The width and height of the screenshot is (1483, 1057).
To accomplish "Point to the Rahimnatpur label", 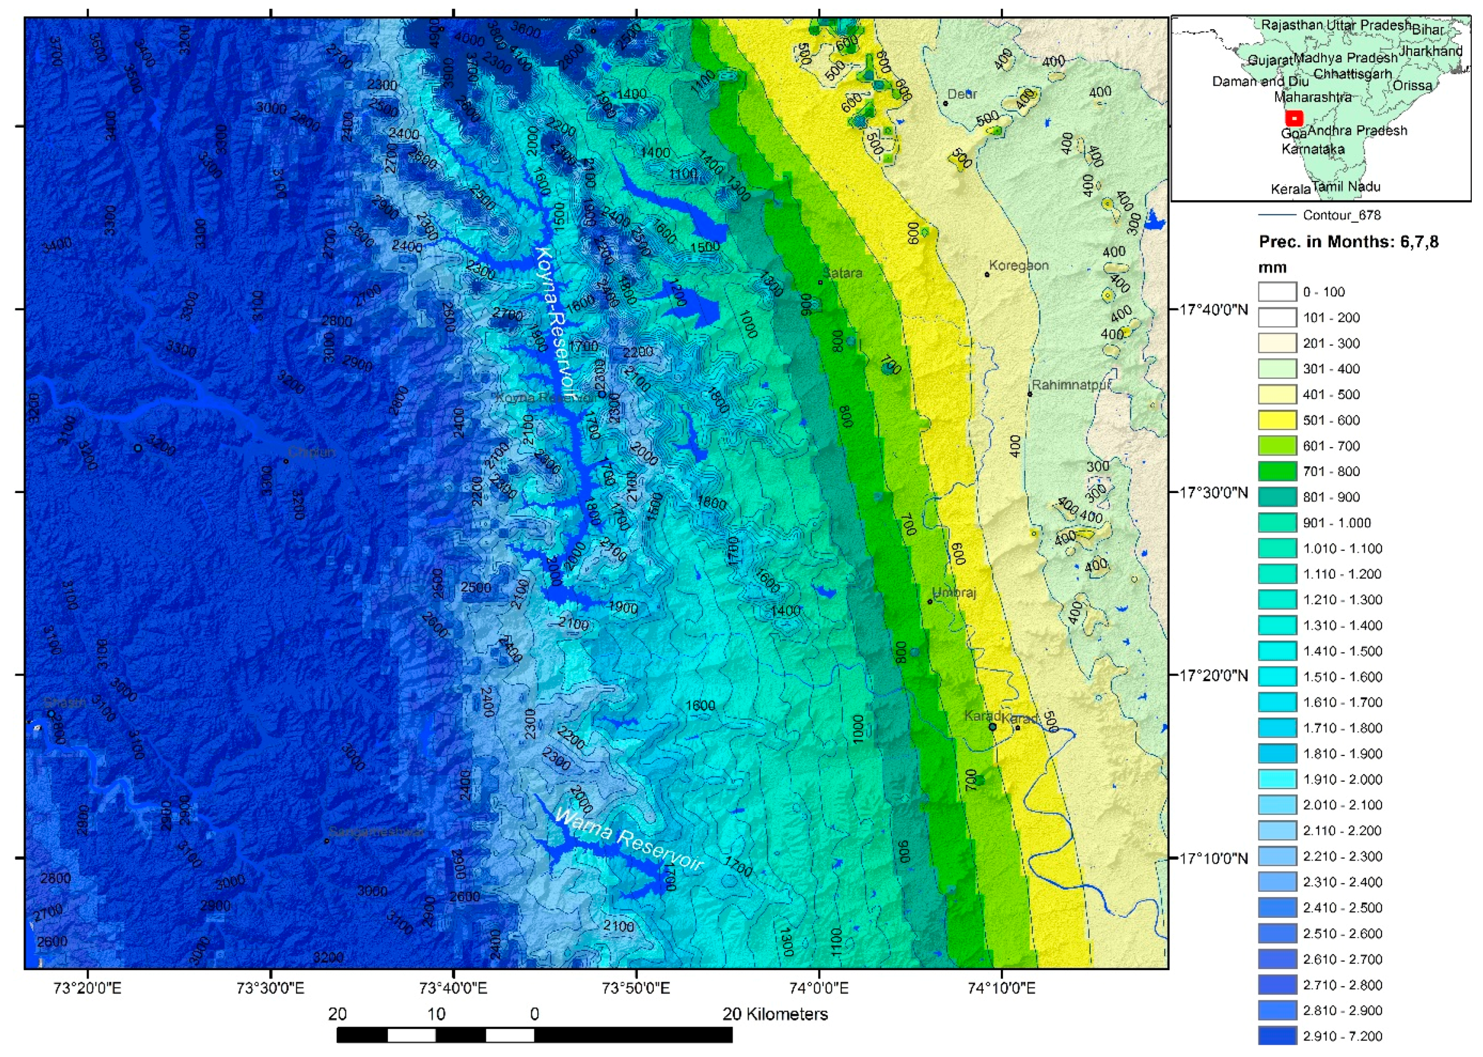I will click(1070, 385).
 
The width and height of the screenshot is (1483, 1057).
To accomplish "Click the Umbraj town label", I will click(955, 592).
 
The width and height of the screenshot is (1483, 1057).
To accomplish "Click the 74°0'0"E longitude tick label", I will click(819, 989).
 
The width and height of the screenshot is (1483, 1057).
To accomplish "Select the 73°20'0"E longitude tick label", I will click(87, 989).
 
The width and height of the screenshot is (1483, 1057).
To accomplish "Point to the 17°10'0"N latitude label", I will click(1214, 859).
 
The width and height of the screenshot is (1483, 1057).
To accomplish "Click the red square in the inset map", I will click(1294, 118).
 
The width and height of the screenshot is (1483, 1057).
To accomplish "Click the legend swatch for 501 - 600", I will click(1276, 420).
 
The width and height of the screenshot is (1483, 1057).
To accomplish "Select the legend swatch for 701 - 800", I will click(1276, 471).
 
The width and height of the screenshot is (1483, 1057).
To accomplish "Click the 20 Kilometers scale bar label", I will click(775, 1013).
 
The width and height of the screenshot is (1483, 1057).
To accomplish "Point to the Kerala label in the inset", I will click(1290, 189).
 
